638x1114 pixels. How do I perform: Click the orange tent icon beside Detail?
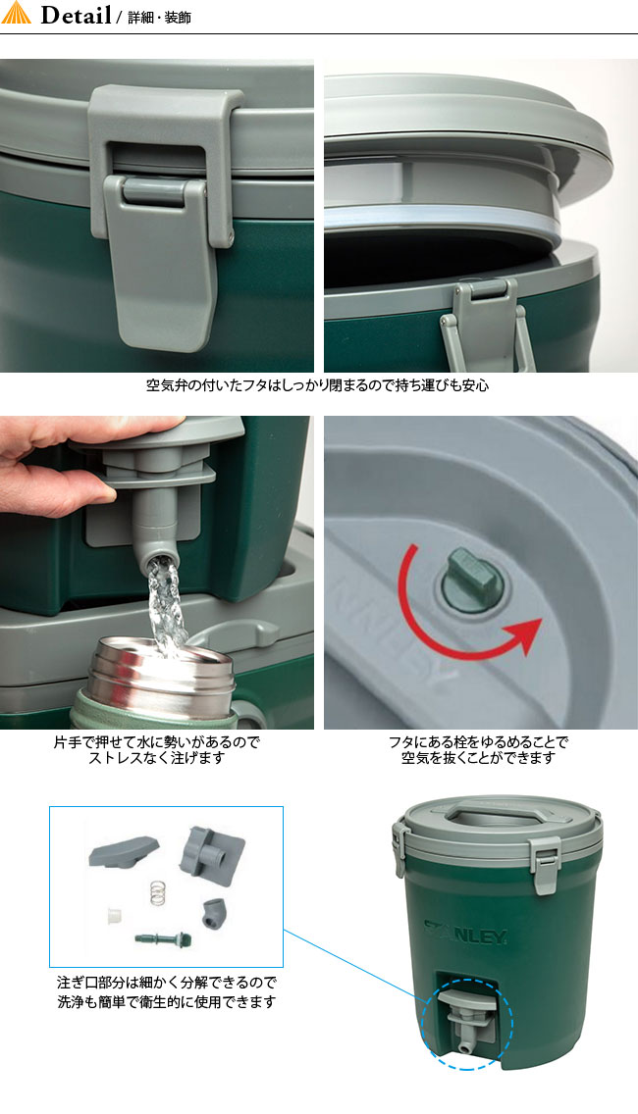[x=17, y=16]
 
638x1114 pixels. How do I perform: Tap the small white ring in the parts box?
[x=116, y=916]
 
